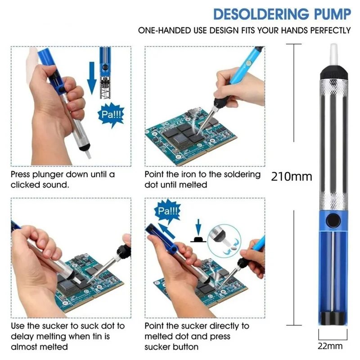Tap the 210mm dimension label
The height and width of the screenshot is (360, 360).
pos(292,176)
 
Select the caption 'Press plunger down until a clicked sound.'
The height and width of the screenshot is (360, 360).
pos(63,179)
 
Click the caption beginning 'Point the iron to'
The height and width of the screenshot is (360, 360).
pos(202,179)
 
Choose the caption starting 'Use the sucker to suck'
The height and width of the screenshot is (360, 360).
pos(67,336)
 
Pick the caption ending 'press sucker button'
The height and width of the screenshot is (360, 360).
pos(197,336)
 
